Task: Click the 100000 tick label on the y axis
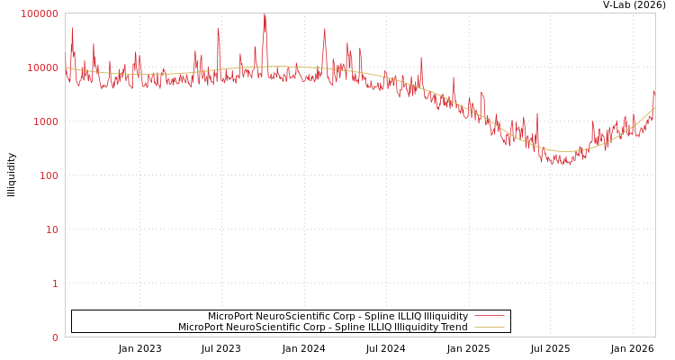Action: [x=40, y=13]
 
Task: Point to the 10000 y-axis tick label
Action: [x=42, y=67]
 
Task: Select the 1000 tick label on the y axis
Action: [x=45, y=121]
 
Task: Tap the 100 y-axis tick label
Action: [x=48, y=175]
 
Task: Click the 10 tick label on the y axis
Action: [x=51, y=229]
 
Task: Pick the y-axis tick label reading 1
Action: [x=55, y=283]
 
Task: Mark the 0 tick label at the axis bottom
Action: [x=55, y=337]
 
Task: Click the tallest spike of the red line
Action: [x=265, y=15]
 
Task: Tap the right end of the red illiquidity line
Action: [x=654, y=91]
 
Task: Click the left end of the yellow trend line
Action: [x=66, y=67]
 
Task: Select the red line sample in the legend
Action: [x=489, y=316]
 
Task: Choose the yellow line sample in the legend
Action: [x=489, y=327]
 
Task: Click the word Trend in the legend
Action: [x=453, y=328]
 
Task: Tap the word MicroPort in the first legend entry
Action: [x=231, y=317]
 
